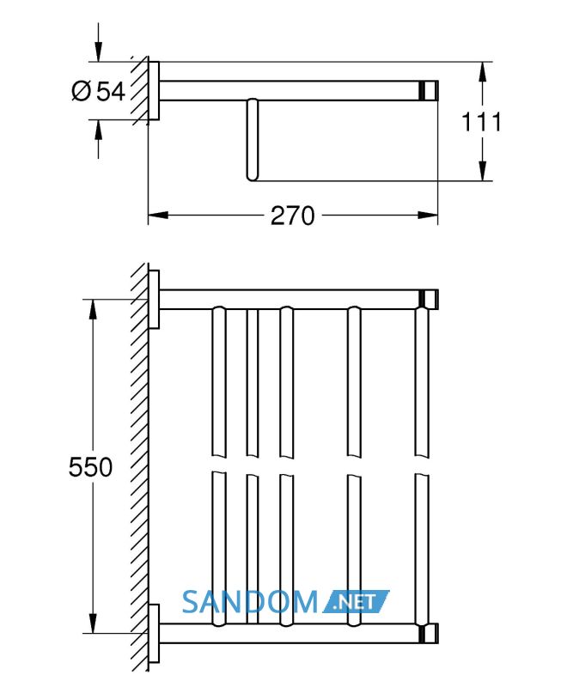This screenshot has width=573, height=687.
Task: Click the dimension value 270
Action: (292, 216)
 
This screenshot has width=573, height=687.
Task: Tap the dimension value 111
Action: (481, 122)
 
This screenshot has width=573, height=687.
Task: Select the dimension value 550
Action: (90, 466)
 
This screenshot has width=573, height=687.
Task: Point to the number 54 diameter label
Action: (111, 92)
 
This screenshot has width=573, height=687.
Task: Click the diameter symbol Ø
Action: (81, 92)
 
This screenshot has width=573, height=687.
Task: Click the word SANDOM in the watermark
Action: (250, 602)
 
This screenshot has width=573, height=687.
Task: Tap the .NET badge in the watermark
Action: (355, 602)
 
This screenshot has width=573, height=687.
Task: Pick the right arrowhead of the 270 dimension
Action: (428, 216)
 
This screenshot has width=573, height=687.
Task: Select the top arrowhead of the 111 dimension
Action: (482, 72)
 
